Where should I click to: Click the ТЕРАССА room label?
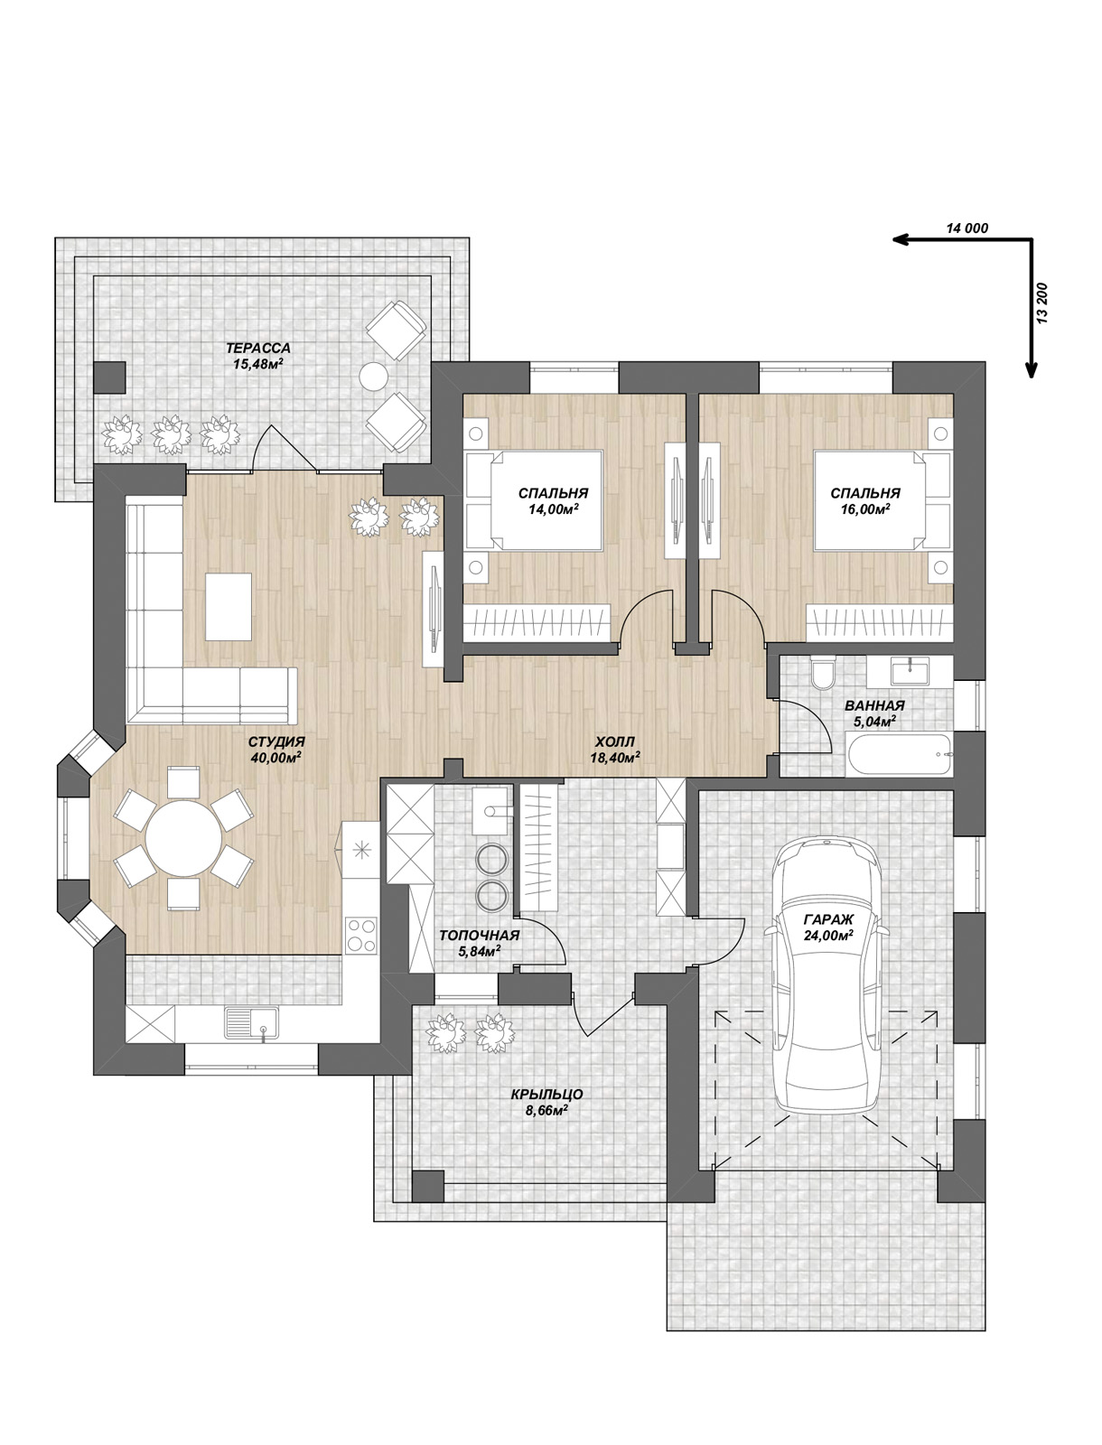click(x=258, y=348)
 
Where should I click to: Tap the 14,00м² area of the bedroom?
click(x=553, y=508)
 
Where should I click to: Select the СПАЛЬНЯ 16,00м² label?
click(x=865, y=500)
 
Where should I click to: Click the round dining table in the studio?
click(x=183, y=838)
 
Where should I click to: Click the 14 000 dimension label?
click(x=967, y=228)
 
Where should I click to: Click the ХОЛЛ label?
click(x=615, y=742)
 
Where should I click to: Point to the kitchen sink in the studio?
click(x=251, y=1023)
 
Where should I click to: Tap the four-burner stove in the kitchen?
click(x=361, y=935)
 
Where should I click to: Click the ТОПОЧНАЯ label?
click(x=480, y=935)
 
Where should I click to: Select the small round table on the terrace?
click(x=374, y=378)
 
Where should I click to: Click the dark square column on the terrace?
click(x=109, y=378)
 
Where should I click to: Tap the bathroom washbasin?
click(x=911, y=672)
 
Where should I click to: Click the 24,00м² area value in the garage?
click(x=828, y=935)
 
